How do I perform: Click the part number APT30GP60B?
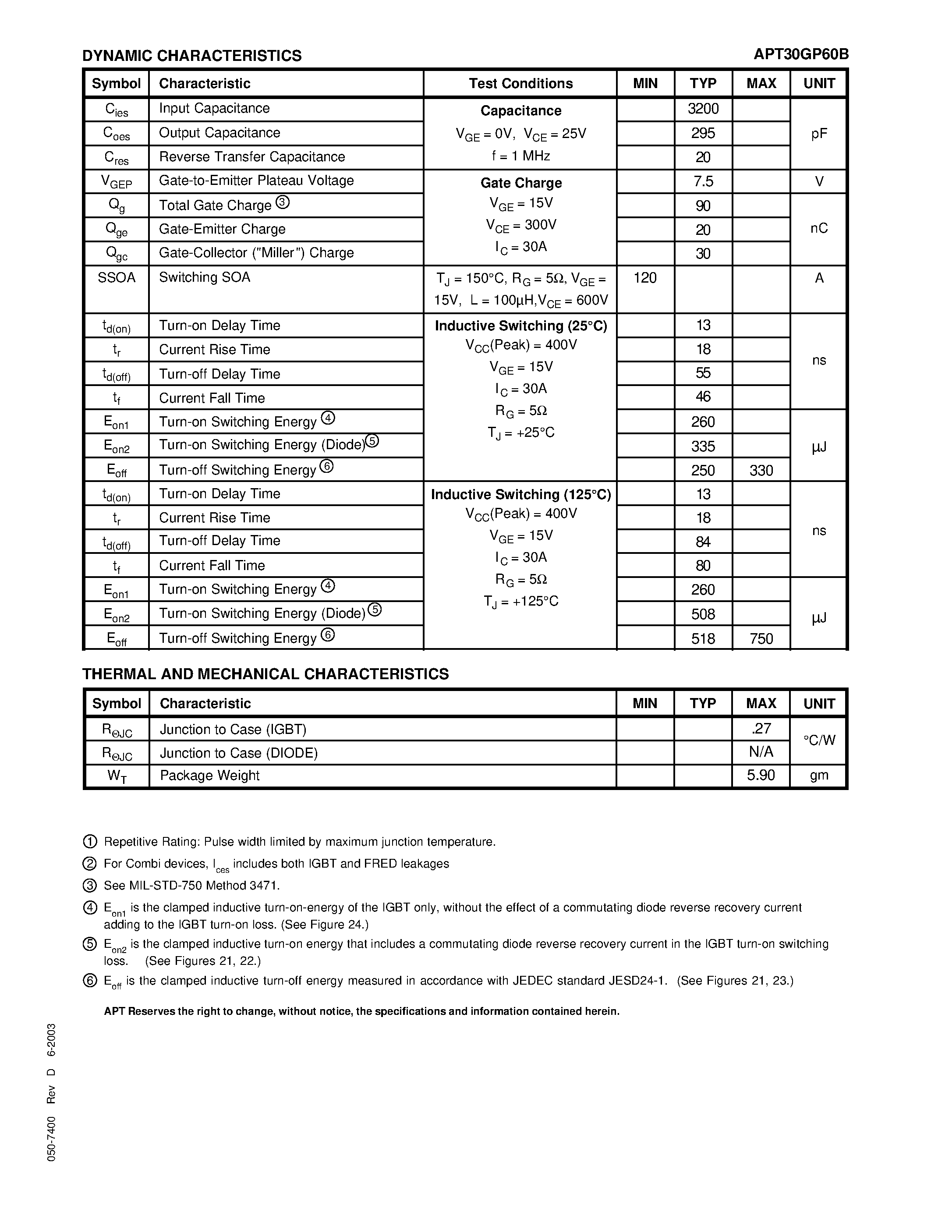801,54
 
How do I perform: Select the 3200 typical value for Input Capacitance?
703,109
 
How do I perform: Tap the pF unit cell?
818,134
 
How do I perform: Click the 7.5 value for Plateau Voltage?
703,181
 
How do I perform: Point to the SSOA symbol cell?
117,277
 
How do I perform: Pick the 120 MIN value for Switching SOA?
645,278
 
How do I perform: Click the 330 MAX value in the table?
761,471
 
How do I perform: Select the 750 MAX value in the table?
761,639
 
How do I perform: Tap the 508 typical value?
703,614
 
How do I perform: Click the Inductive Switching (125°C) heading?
520,494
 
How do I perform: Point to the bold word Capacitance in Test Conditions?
520,111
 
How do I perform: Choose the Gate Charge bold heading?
520,183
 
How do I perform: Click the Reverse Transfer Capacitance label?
251,157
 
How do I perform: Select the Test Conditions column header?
520,83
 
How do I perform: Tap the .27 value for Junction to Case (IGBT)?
761,729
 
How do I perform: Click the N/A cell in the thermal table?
761,752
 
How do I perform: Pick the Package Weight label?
209,776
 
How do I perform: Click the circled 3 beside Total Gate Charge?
283,202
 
